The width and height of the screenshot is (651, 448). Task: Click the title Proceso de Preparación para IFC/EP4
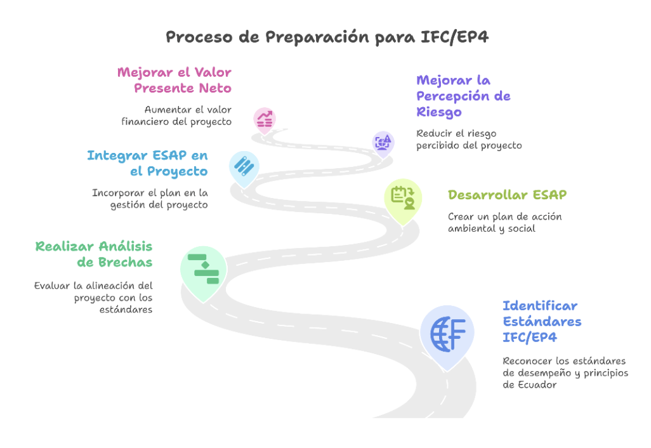[x=327, y=37]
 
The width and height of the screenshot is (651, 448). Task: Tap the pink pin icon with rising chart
[x=264, y=118]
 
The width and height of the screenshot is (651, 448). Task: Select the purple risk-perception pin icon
[x=383, y=142]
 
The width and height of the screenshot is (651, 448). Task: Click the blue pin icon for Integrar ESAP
[x=244, y=166]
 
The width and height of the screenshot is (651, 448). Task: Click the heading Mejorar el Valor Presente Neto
[x=174, y=80]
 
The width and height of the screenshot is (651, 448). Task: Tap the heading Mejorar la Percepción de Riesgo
[x=463, y=96]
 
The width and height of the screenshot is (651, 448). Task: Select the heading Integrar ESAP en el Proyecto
[x=147, y=163]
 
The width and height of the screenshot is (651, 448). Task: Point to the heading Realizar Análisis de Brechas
[x=94, y=254]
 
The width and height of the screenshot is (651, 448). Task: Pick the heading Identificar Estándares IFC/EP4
[x=542, y=321]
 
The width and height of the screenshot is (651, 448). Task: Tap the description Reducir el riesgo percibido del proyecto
[x=469, y=140]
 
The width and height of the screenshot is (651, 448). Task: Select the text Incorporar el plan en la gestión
[x=150, y=199]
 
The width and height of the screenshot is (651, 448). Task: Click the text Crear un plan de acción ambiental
[x=504, y=222]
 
